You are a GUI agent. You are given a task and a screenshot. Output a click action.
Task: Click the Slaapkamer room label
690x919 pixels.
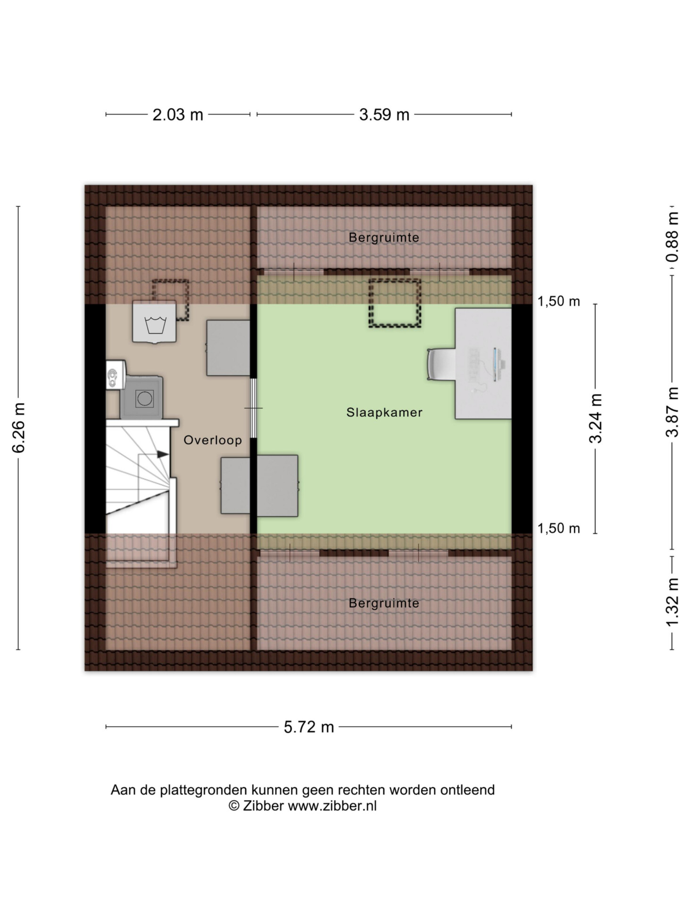[x=384, y=412]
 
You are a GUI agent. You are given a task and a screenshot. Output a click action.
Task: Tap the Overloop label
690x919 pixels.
[x=213, y=440]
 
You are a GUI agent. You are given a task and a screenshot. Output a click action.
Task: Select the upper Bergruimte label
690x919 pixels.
[x=384, y=238]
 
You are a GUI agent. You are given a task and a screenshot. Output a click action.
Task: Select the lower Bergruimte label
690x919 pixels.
[x=384, y=603]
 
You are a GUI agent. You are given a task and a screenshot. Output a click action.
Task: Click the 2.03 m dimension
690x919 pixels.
[x=177, y=115]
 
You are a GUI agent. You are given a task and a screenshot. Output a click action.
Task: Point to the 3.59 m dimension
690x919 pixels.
[x=384, y=115]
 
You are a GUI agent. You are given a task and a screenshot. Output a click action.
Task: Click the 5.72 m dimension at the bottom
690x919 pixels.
[x=308, y=727]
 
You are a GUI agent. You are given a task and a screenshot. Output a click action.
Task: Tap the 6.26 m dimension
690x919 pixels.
[x=19, y=427]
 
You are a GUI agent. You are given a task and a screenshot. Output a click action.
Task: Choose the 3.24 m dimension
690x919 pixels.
[x=596, y=418]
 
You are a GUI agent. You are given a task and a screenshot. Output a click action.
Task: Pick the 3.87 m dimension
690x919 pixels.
[x=673, y=411]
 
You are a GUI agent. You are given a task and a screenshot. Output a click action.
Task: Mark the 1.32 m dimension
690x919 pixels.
[x=673, y=602]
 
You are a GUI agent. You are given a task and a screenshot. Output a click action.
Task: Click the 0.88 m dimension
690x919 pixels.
[x=673, y=237]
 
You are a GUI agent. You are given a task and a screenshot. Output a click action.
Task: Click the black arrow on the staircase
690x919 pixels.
[x=163, y=454]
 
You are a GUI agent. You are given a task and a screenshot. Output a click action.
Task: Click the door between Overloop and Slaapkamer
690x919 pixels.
[x=254, y=408]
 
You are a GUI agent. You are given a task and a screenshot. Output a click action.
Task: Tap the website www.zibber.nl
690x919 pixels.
[x=332, y=805]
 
